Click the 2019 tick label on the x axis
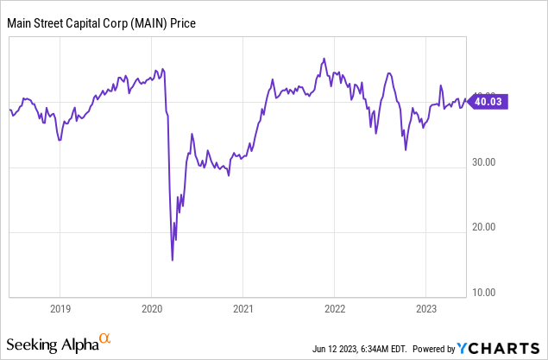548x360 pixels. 59,307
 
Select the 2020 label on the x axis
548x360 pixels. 151,307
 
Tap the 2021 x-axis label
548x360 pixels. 243,307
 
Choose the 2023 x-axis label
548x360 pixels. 425,307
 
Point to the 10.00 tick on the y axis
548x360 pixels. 487,292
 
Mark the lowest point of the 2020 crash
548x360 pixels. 173,259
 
